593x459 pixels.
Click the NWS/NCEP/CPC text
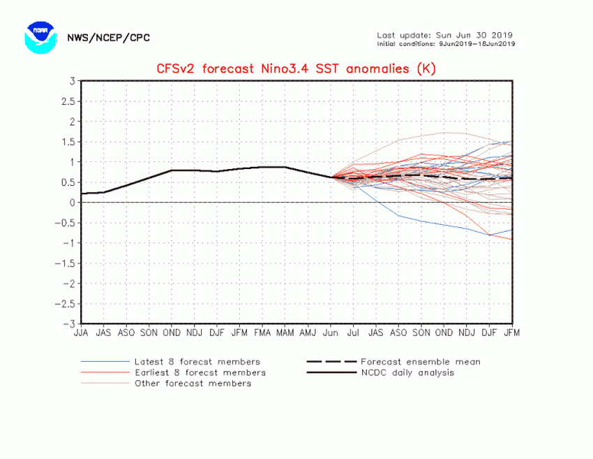(x=108, y=38)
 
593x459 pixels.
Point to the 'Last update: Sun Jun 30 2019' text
(x=444, y=34)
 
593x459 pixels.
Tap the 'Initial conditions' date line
(x=444, y=43)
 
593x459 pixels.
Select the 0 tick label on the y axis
(x=73, y=203)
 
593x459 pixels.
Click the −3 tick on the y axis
(x=70, y=324)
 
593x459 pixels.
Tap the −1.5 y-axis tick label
(x=67, y=263)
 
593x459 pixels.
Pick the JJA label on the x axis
(x=82, y=333)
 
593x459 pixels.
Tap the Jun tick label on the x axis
(x=330, y=333)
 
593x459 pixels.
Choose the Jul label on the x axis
(x=353, y=333)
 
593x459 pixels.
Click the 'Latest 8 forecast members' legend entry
(x=197, y=362)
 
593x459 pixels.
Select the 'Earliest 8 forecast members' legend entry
(x=200, y=372)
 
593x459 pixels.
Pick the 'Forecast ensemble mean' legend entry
(x=420, y=362)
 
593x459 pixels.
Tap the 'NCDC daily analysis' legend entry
(x=407, y=372)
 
